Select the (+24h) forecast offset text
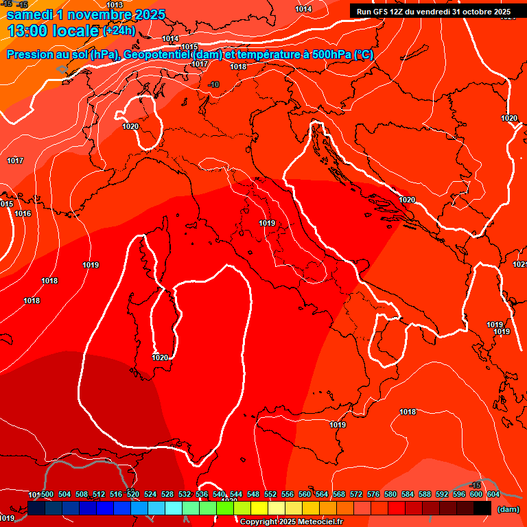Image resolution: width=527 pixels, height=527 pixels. [x=119, y=31]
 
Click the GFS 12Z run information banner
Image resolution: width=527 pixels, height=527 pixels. [x=434, y=12]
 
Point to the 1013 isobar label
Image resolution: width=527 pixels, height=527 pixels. [x=115, y=5]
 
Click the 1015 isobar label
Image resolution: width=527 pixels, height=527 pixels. [x=189, y=47]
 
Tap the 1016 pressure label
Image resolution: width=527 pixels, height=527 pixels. [x=23, y=213]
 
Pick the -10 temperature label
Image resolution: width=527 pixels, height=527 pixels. [x=214, y=84]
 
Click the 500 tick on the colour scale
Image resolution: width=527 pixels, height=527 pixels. [x=47, y=494]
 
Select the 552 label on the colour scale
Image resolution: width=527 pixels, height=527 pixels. [x=270, y=494]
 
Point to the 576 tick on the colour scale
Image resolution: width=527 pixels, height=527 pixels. [x=373, y=494]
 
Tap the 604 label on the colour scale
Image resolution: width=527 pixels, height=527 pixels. [x=493, y=494]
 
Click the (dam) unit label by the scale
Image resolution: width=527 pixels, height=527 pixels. [x=508, y=509]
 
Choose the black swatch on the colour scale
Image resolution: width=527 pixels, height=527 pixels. [x=482, y=508]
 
